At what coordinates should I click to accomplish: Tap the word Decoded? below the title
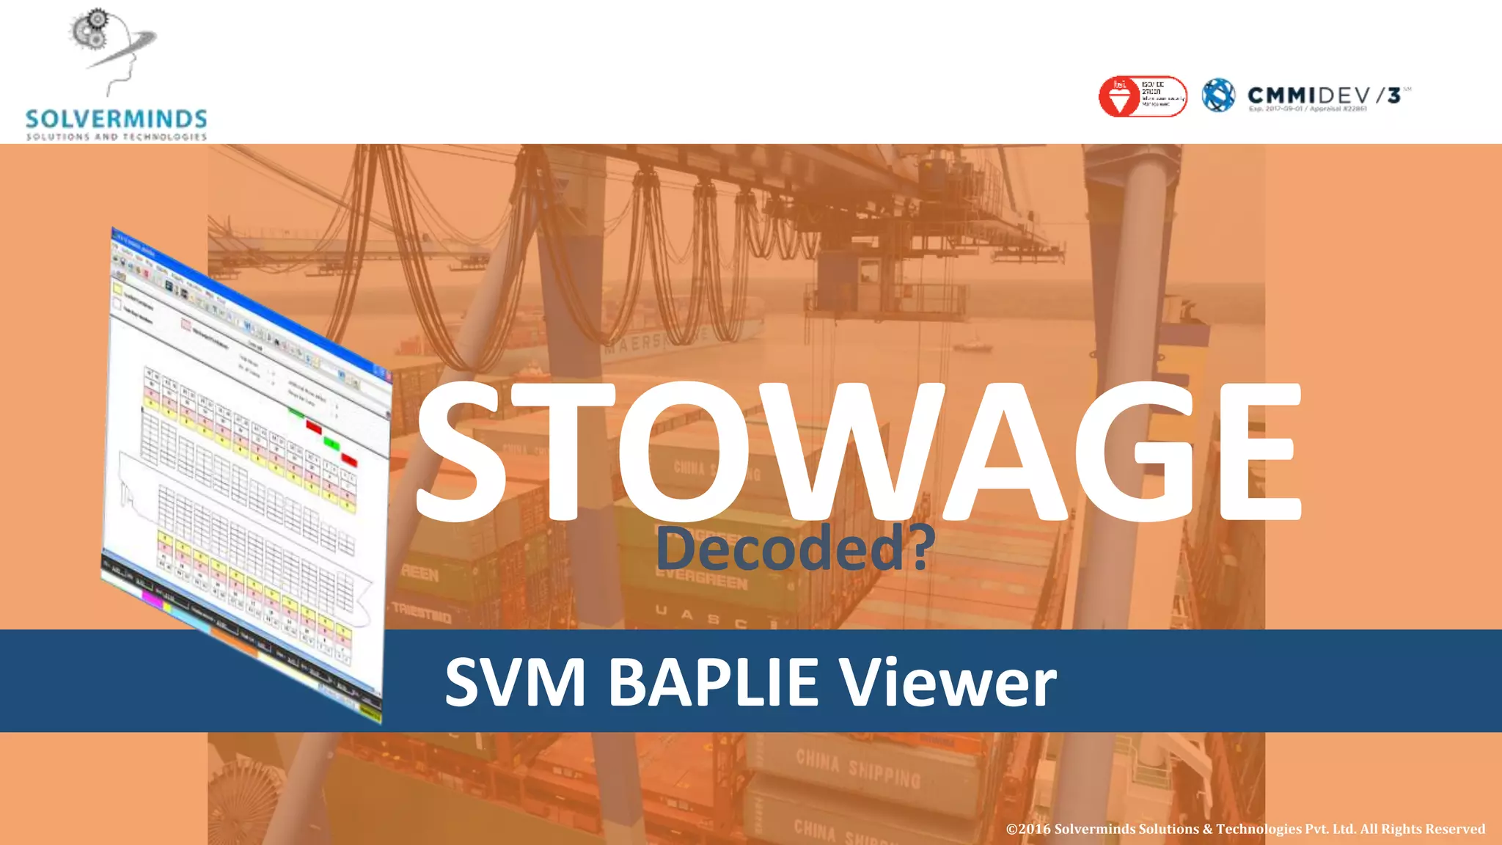pyautogui.click(x=795, y=549)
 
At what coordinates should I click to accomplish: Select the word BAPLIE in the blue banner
pyautogui.click(x=712, y=682)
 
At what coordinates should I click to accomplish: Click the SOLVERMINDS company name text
pyautogui.click(x=116, y=119)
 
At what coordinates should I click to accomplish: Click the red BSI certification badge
pyautogui.click(x=1142, y=97)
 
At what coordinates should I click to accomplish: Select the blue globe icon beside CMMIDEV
pyautogui.click(x=1218, y=95)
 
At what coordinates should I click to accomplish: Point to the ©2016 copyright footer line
pyautogui.click(x=1245, y=829)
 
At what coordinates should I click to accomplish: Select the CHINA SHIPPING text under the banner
pyautogui.click(x=858, y=767)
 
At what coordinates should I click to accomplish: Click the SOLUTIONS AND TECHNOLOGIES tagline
pyautogui.click(x=116, y=136)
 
